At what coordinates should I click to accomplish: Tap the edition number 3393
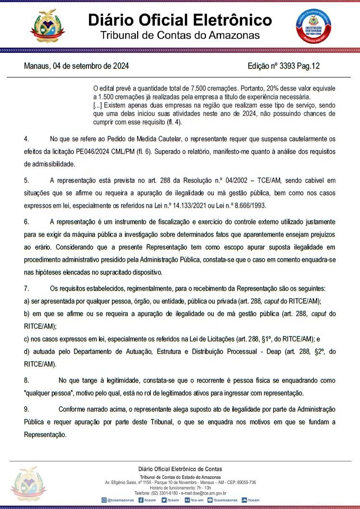coord(287,66)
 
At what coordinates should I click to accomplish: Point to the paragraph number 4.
coord(26,139)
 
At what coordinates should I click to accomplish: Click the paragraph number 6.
coord(26,222)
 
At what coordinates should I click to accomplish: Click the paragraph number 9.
coord(26,409)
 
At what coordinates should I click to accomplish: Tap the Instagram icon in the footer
coord(104,500)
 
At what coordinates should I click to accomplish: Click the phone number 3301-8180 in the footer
coord(163,493)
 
